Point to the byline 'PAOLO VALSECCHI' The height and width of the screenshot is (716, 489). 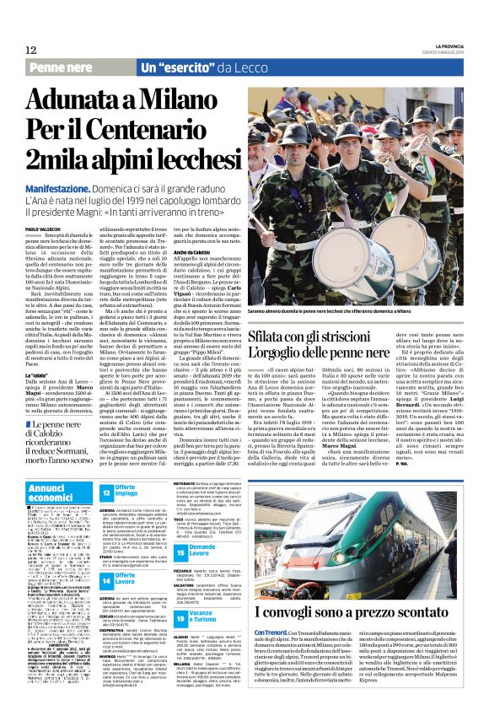[44, 229]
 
